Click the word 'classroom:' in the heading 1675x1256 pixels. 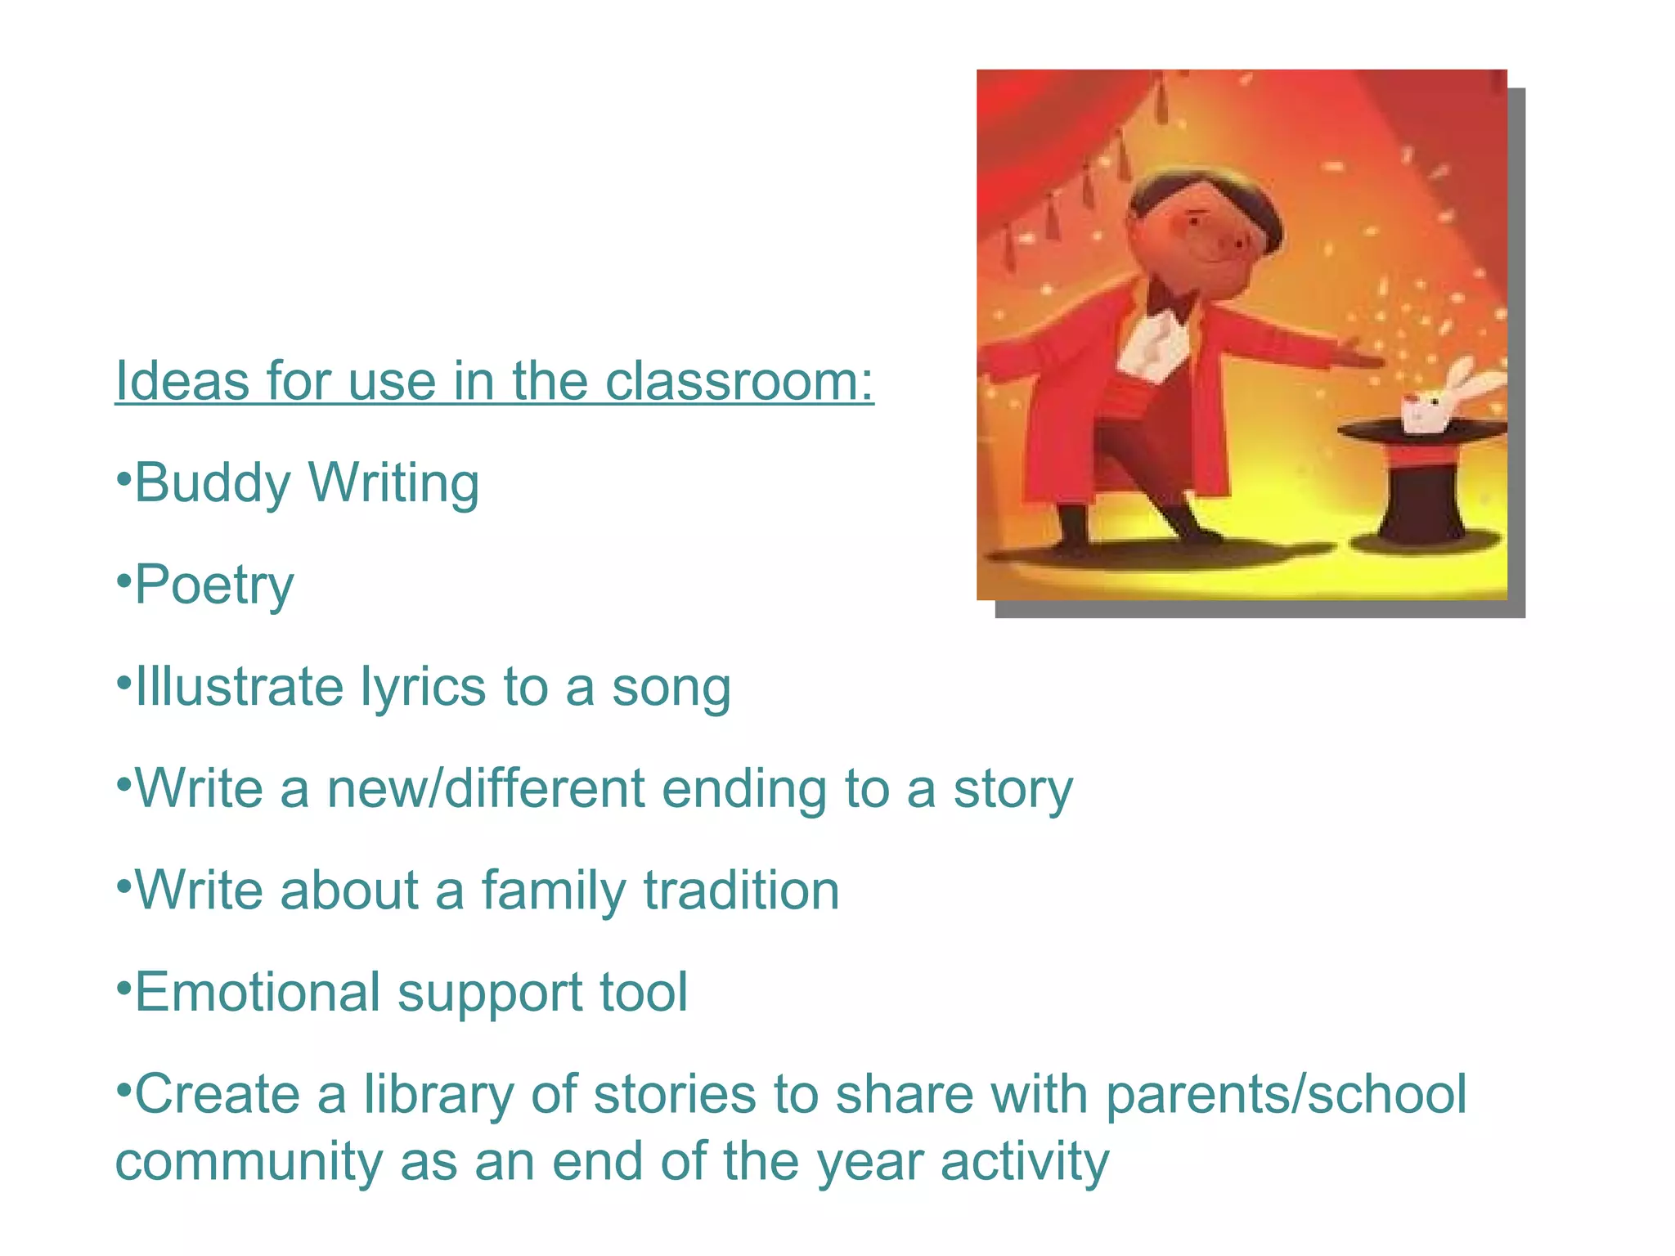(739, 381)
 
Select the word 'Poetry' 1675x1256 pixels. (214, 585)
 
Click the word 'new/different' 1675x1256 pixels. (486, 788)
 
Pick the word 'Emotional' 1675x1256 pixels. (258, 992)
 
